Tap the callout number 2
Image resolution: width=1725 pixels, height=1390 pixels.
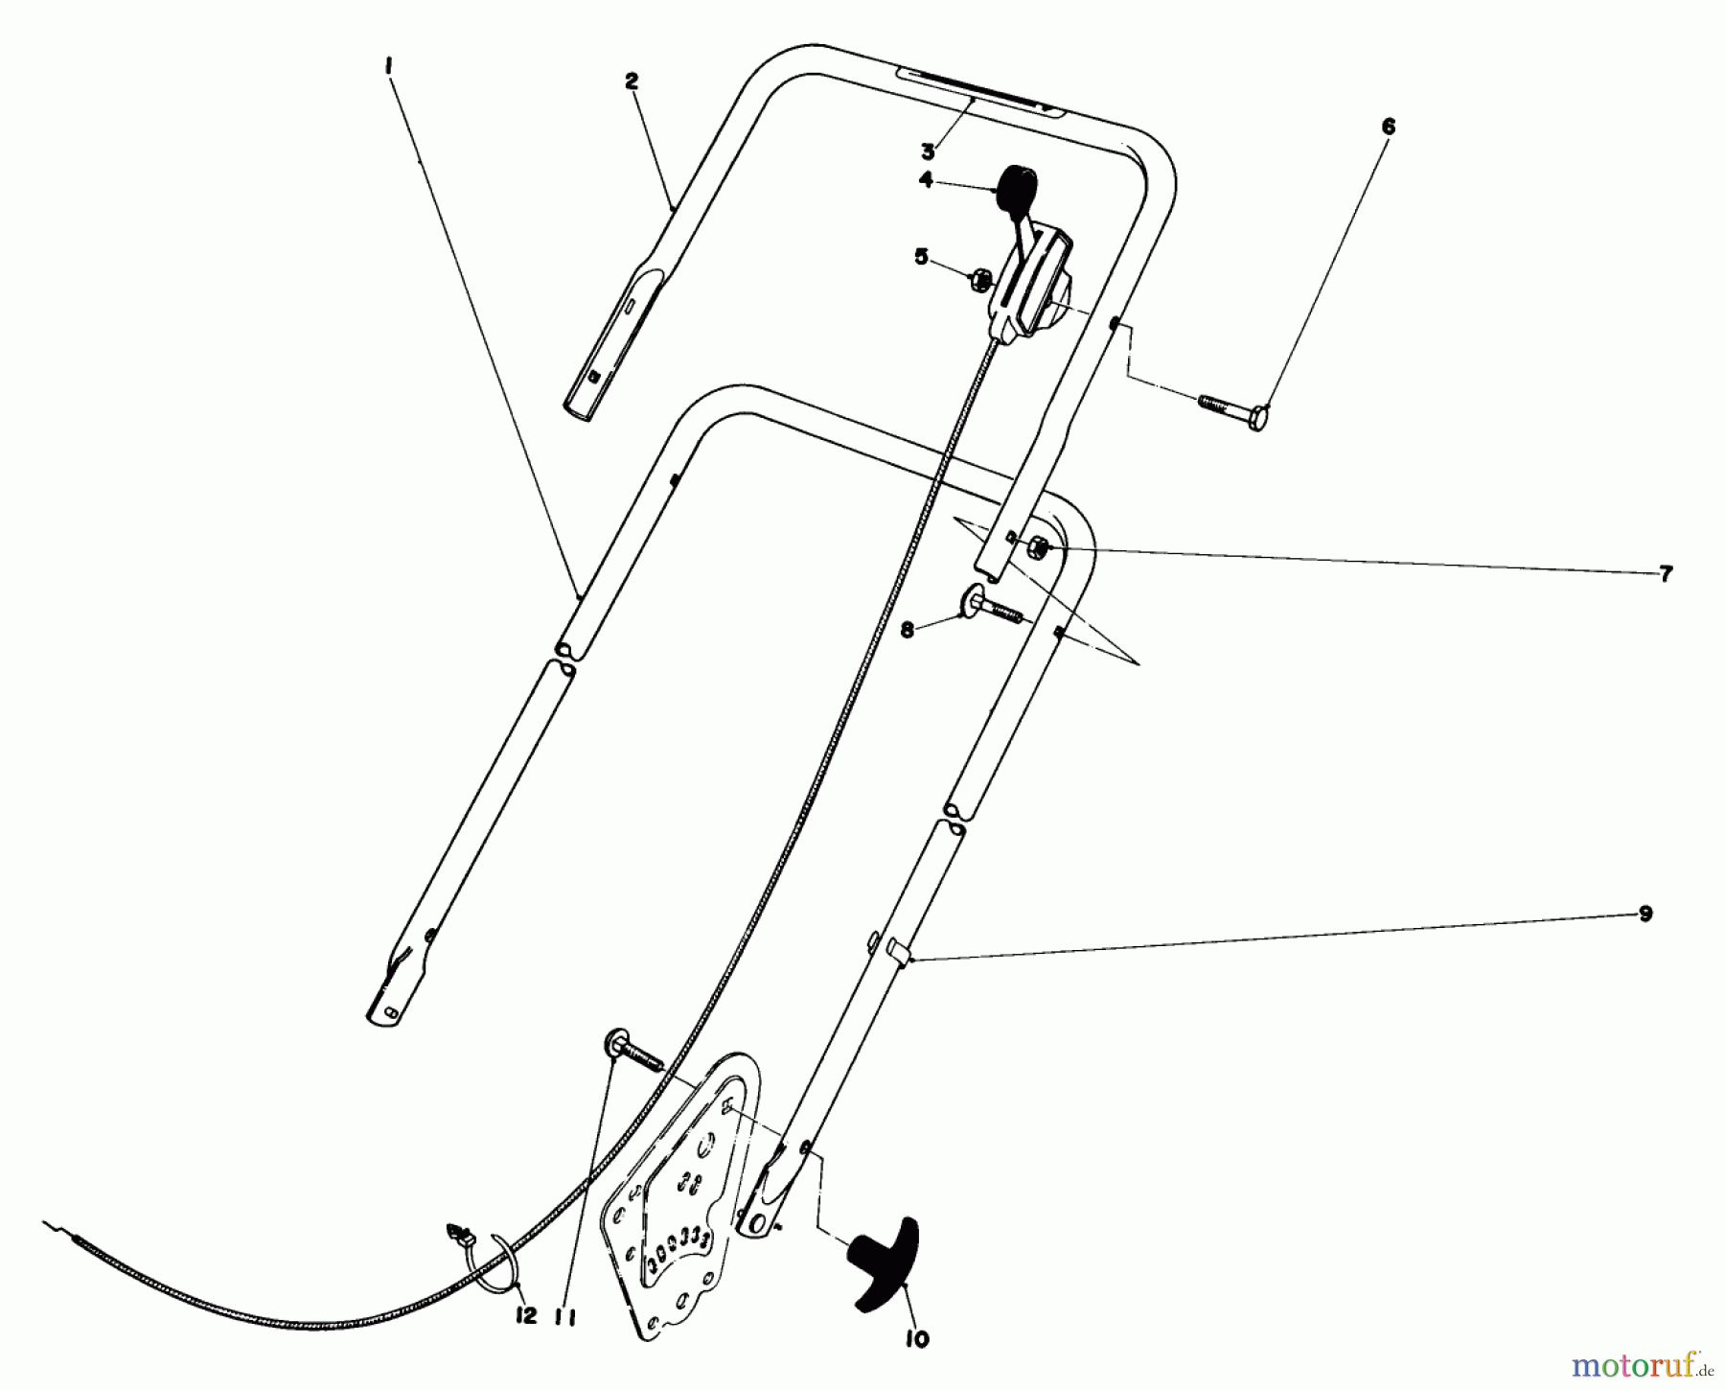[x=631, y=82]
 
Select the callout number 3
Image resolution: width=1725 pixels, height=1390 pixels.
[x=928, y=151]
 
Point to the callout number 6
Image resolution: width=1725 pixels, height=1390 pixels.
[x=1389, y=127]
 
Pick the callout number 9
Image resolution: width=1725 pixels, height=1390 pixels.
[x=1644, y=915]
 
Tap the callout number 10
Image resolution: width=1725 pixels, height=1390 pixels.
[x=917, y=1339]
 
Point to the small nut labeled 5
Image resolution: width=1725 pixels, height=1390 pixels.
[x=978, y=279]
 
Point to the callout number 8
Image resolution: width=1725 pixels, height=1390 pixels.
[x=907, y=630]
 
